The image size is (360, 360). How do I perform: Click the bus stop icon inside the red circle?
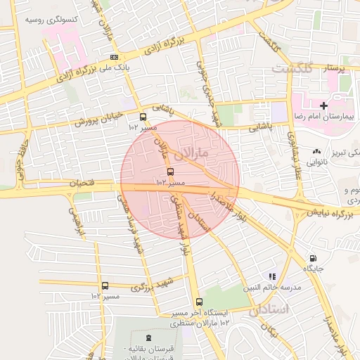[x=170, y=171]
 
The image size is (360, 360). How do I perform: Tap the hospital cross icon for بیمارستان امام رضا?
[x=323, y=105]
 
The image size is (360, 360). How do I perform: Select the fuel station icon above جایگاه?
[x=313, y=258]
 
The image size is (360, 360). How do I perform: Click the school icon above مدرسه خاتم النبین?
[x=272, y=276]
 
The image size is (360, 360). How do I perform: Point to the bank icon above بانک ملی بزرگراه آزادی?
[x=114, y=58]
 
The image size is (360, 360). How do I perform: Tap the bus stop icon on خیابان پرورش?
[x=143, y=117]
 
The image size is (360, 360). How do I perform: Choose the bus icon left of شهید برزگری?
[x=105, y=285]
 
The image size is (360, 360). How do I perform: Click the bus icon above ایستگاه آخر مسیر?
[x=199, y=302]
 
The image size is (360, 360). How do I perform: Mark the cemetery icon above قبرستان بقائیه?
[x=148, y=339]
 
